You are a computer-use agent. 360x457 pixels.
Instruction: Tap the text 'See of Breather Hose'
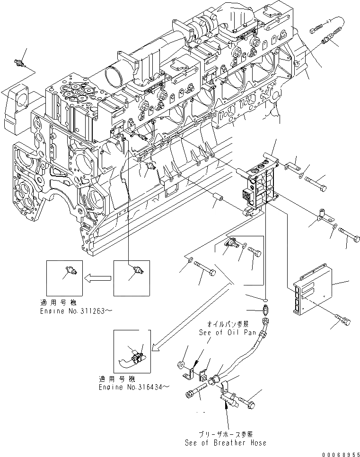pos(226,443)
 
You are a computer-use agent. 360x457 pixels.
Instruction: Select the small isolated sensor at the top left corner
pos(19,63)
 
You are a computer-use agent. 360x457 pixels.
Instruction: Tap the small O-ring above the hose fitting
pos(266,299)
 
